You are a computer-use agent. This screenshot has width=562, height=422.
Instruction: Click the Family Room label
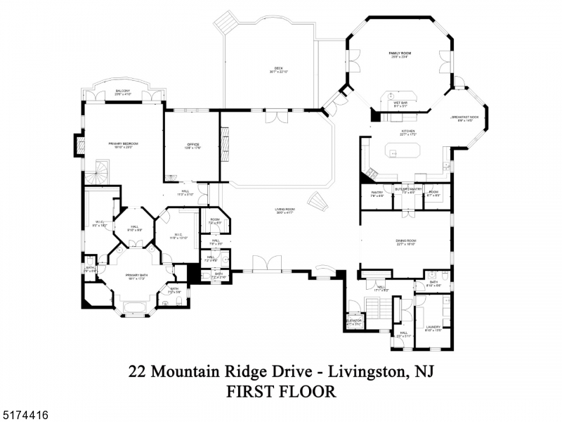[x=400, y=53]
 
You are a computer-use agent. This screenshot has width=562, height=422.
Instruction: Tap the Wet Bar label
[x=400, y=103]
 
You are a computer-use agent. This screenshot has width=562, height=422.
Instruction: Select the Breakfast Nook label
[x=464, y=117]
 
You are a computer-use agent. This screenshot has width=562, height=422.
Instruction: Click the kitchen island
[x=402, y=150]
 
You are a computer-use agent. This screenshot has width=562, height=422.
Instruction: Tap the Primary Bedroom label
[x=123, y=143]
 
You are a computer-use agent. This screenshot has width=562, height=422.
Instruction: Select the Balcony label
[x=123, y=91]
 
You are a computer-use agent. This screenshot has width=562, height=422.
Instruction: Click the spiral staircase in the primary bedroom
[x=101, y=172]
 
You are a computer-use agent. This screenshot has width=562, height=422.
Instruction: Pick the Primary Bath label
[x=136, y=276]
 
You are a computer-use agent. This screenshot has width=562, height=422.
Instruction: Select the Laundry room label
[x=433, y=327]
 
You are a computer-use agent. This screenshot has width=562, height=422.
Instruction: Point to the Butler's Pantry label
[x=408, y=189]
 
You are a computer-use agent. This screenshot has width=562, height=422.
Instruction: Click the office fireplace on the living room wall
[x=225, y=143]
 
